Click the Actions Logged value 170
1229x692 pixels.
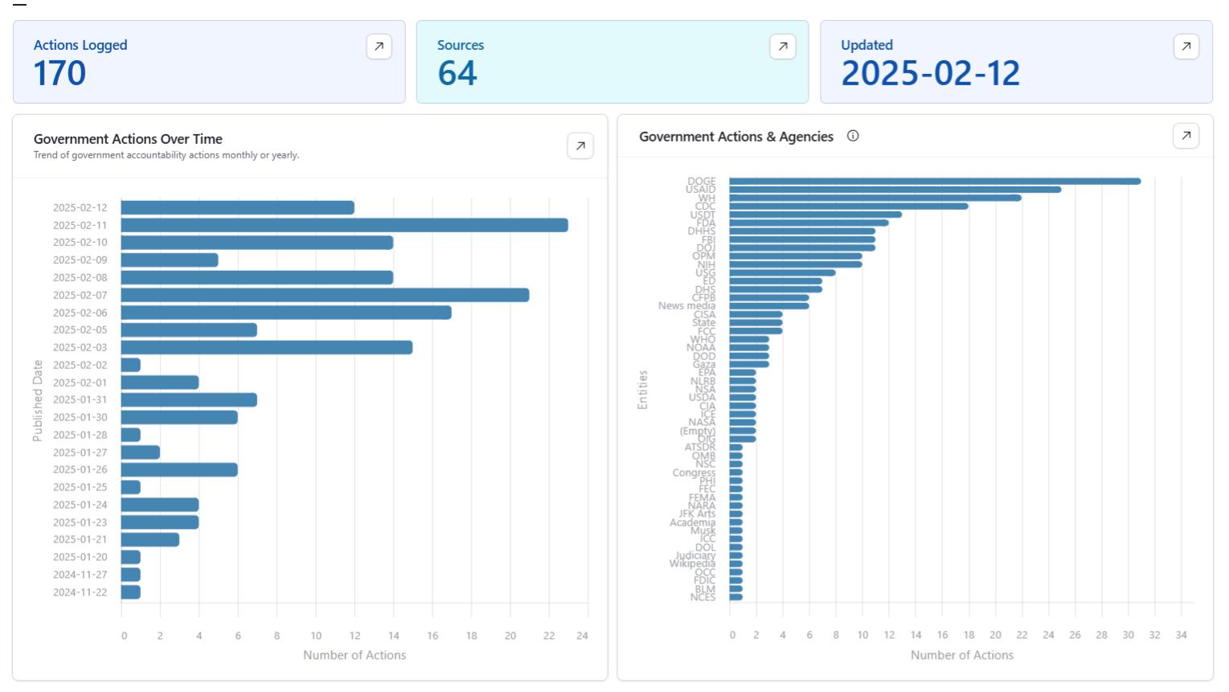(59, 74)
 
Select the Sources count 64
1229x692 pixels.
(457, 74)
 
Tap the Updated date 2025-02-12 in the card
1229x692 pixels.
(930, 74)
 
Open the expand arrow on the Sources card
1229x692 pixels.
(782, 47)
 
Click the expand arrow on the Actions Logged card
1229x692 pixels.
(379, 47)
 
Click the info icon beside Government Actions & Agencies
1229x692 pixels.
(853, 136)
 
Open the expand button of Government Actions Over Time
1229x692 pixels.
(580, 146)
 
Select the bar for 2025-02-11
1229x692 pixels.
(344, 225)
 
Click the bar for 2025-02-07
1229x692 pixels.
(325, 295)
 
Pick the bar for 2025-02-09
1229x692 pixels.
(170, 260)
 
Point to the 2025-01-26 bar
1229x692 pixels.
(179, 469)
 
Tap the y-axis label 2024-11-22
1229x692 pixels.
(80, 592)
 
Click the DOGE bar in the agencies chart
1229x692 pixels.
(934, 181)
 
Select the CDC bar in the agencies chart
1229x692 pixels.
(848, 206)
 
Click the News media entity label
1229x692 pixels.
(686, 305)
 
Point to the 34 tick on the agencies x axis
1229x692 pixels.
(1181, 635)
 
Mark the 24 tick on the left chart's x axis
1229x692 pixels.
(582, 636)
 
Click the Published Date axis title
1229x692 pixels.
(38, 400)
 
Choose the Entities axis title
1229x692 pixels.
(642, 390)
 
